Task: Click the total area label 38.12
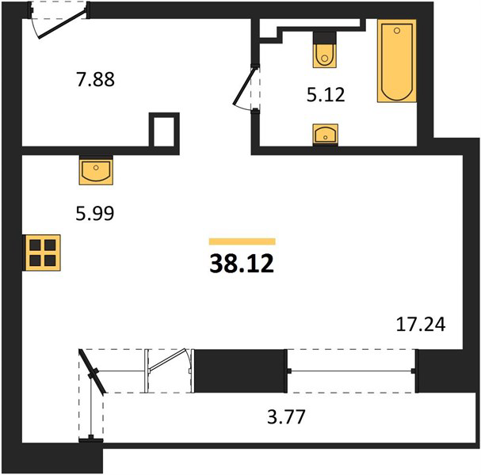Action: tap(242, 264)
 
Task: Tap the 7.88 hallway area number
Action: tap(95, 79)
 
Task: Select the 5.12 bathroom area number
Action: tap(326, 94)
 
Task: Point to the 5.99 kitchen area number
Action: tap(95, 213)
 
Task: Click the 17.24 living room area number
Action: tap(421, 325)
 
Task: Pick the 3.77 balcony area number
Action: tap(287, 416)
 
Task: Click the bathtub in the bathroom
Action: tap(397, 61)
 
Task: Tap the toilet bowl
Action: tap(325, 55)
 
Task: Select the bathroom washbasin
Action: tap(326, 135)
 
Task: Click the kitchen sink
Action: tap(96, 172)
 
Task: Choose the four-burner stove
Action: tap(43, 253)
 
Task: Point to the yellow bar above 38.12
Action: tap(242, 241)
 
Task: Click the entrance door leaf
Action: tap(62, 24)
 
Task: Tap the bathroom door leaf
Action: tap(245, 87)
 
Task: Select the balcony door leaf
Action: tap(168, 360)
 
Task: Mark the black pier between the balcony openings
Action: tap(241, 370)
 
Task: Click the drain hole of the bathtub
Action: tap(397, 31)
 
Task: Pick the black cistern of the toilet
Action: tap(325, 38)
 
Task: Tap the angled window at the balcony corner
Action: tap(93, 371)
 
